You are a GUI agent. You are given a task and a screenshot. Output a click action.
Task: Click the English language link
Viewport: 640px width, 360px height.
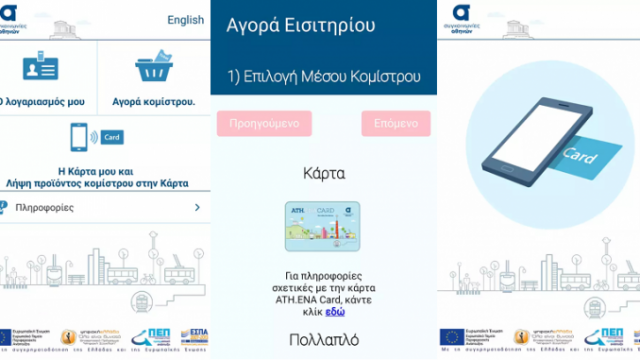pyautogui.click(x=185, y=19)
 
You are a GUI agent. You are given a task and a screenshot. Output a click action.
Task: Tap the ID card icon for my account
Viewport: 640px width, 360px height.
pyautogui.click(x=36, y=70)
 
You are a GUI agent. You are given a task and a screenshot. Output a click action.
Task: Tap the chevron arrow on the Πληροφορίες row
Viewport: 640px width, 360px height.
pyautogui.click(x=197, y=207)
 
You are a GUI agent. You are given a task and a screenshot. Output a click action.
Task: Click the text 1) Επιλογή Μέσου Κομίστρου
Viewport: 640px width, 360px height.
pyautogui.click(x=323, y=77)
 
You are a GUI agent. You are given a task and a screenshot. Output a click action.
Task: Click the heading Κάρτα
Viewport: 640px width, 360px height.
pyautogui.click(x=323, y=173)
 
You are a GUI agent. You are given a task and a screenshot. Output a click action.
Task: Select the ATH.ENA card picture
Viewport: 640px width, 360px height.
pyautogui.click(x=323, y=228)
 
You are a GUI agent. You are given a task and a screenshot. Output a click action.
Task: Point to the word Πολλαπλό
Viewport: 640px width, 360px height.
pyautogui.click(x=323, y=339)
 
